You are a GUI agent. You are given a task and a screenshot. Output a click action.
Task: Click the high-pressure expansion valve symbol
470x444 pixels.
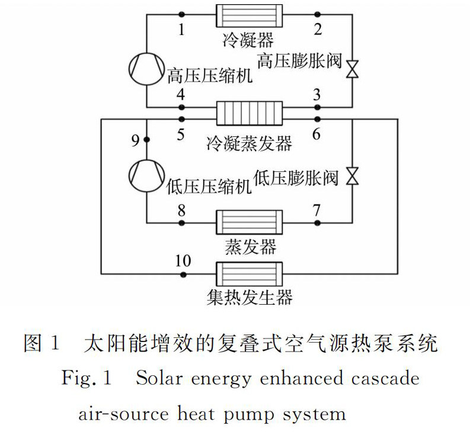(352, 69)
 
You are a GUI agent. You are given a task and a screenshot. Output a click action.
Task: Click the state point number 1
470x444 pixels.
(181, 29)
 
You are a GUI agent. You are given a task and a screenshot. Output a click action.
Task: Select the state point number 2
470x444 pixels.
(318, 29)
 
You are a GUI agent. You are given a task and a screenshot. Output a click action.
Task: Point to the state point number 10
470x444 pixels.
(184, 260)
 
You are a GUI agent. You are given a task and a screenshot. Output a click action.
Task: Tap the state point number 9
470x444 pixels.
(135, 140)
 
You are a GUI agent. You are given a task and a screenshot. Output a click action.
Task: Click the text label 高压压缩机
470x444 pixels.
(210, 77)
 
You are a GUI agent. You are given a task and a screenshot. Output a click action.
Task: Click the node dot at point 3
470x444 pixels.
(318, 107)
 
